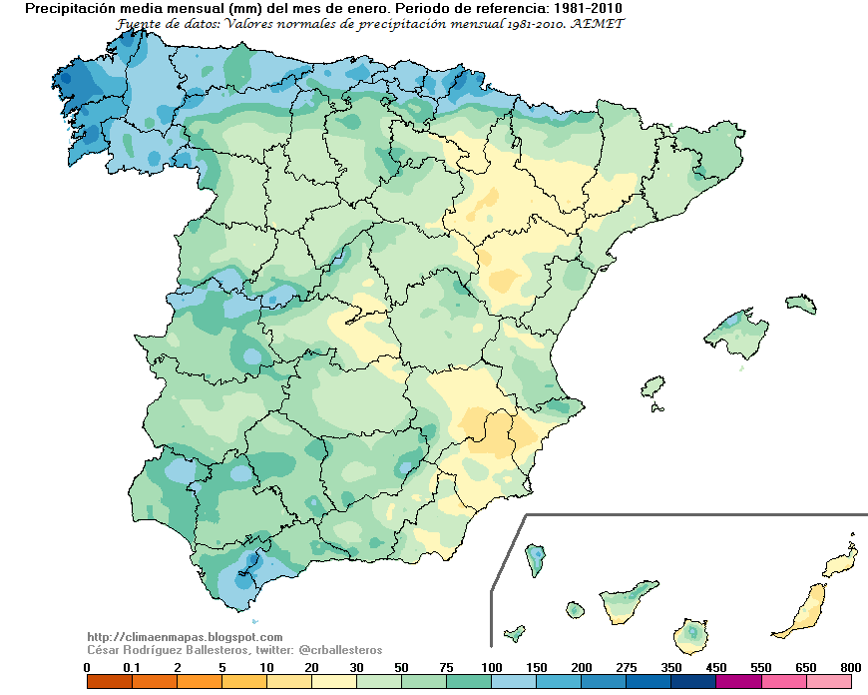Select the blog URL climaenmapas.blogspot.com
[185, 637]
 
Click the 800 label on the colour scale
[850, 667]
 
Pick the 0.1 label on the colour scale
[132, 667]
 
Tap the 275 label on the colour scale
[626, 667]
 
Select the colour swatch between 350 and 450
[693, 682]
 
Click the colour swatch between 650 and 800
[828, 682]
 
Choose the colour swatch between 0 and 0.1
[109, 682]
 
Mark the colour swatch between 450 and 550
[738, 682]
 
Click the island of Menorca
[800, 304]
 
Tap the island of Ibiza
[652, 385]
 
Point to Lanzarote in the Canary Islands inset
[840, 563]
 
